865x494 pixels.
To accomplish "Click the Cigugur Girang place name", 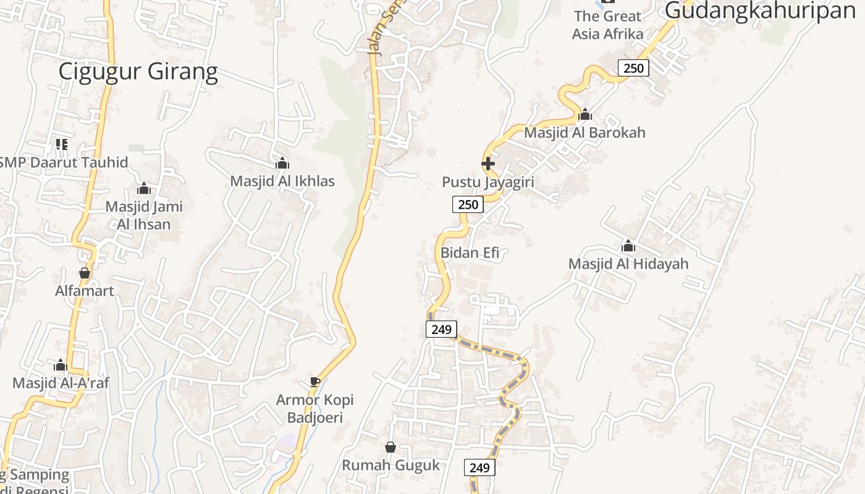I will (138, 72).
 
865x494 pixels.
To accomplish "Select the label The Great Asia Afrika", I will (608, 25).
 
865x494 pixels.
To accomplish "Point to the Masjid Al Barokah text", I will (584, 132).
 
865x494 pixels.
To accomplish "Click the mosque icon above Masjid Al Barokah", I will (585, 114).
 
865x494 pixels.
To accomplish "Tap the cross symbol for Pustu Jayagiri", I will (488, 164).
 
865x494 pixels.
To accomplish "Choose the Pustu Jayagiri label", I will (487, 182).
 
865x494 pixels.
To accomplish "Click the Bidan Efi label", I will (470, 253).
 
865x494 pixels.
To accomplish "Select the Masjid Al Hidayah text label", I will (628, 264).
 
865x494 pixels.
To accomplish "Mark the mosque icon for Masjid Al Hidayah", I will (628, 246).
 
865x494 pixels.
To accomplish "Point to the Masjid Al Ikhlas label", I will (282, 181).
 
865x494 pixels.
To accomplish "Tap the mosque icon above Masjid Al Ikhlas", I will (282, 163).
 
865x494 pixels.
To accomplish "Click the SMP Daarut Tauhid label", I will (64, 162).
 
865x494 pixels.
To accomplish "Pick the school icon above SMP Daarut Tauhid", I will (62, 144).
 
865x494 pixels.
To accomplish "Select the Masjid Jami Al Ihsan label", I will (144, 215).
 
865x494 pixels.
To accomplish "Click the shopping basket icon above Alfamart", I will (85, 272).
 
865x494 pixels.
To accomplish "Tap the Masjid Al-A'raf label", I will (61, 383).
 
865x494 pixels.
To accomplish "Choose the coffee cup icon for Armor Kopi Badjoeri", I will (315, 382).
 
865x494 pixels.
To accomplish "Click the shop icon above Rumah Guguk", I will (390, 446).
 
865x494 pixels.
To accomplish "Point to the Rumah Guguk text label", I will (390, 465).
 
